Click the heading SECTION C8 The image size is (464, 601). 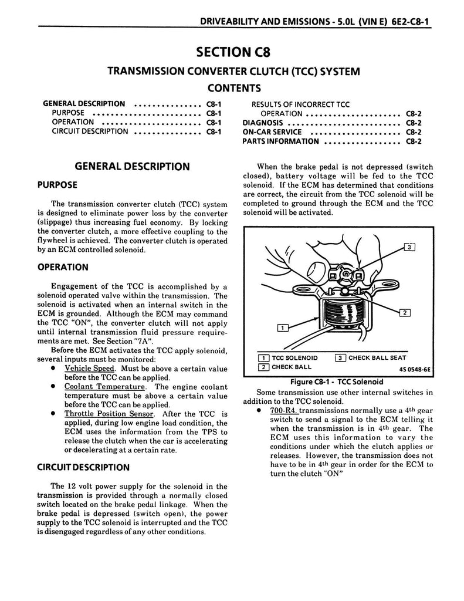[x=232, y=51]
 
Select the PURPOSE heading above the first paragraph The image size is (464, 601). [x=57, y=185]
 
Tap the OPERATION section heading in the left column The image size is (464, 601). [x=63, y=267]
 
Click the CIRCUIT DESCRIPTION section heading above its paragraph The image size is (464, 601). [x=83, y=468]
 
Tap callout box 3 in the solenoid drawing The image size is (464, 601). [x=409, y=247]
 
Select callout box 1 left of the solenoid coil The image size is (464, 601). [x=282, y=328]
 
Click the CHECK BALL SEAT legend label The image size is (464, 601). [x=377, y=358]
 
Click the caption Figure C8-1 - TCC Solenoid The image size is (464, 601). [x=332, y=381]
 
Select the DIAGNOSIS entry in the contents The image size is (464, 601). [x=263, y=123]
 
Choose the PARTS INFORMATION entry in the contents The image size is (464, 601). [x=280, y=141]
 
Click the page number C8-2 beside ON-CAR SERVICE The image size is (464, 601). [x=414, y=132]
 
